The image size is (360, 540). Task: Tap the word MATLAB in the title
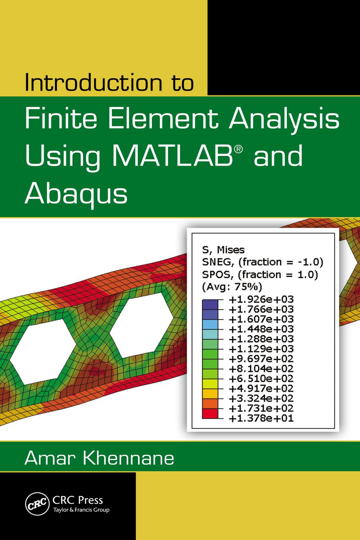pyautogui.click(x=179, y=157)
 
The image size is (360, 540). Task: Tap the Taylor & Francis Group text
pyautogui.click(x=81, y=510)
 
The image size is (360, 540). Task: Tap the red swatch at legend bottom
pyautogui.click(x=210, y=415)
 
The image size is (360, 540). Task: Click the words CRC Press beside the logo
pyautogui.click(x=78, y=500)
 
